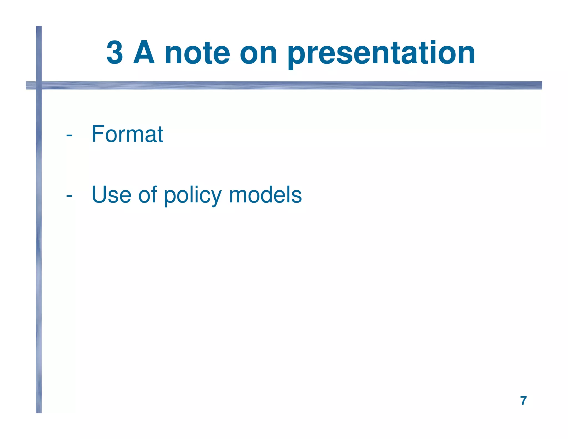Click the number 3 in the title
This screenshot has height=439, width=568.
pos(115,53)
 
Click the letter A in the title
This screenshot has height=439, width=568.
pos(144,53)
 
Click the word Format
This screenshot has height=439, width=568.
pos(127,134)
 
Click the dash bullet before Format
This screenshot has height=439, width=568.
pos(69,135)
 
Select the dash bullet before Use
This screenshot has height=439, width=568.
pos(69,196)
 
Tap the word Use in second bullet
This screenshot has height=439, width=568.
pos(111,195)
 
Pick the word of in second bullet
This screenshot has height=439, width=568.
pos(148,195)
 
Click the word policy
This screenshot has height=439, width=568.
pos(193,196)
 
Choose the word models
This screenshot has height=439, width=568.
pos(265,195)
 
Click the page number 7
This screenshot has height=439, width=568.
pos(523,401)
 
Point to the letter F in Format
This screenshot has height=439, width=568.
pos(98,134)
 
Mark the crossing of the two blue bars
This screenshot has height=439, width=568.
pos(39,85)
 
